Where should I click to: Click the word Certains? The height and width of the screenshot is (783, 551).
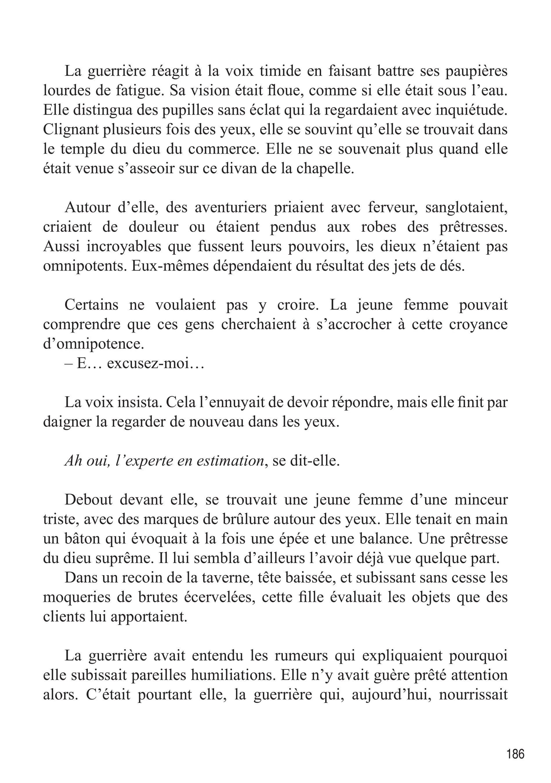pyautogui.click(x=91, y=305)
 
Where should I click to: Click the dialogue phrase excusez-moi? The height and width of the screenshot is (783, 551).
pyautogui.click(x=155, y=364)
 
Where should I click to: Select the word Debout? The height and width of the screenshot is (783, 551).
pyautogui.click(x=88, y=500)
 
